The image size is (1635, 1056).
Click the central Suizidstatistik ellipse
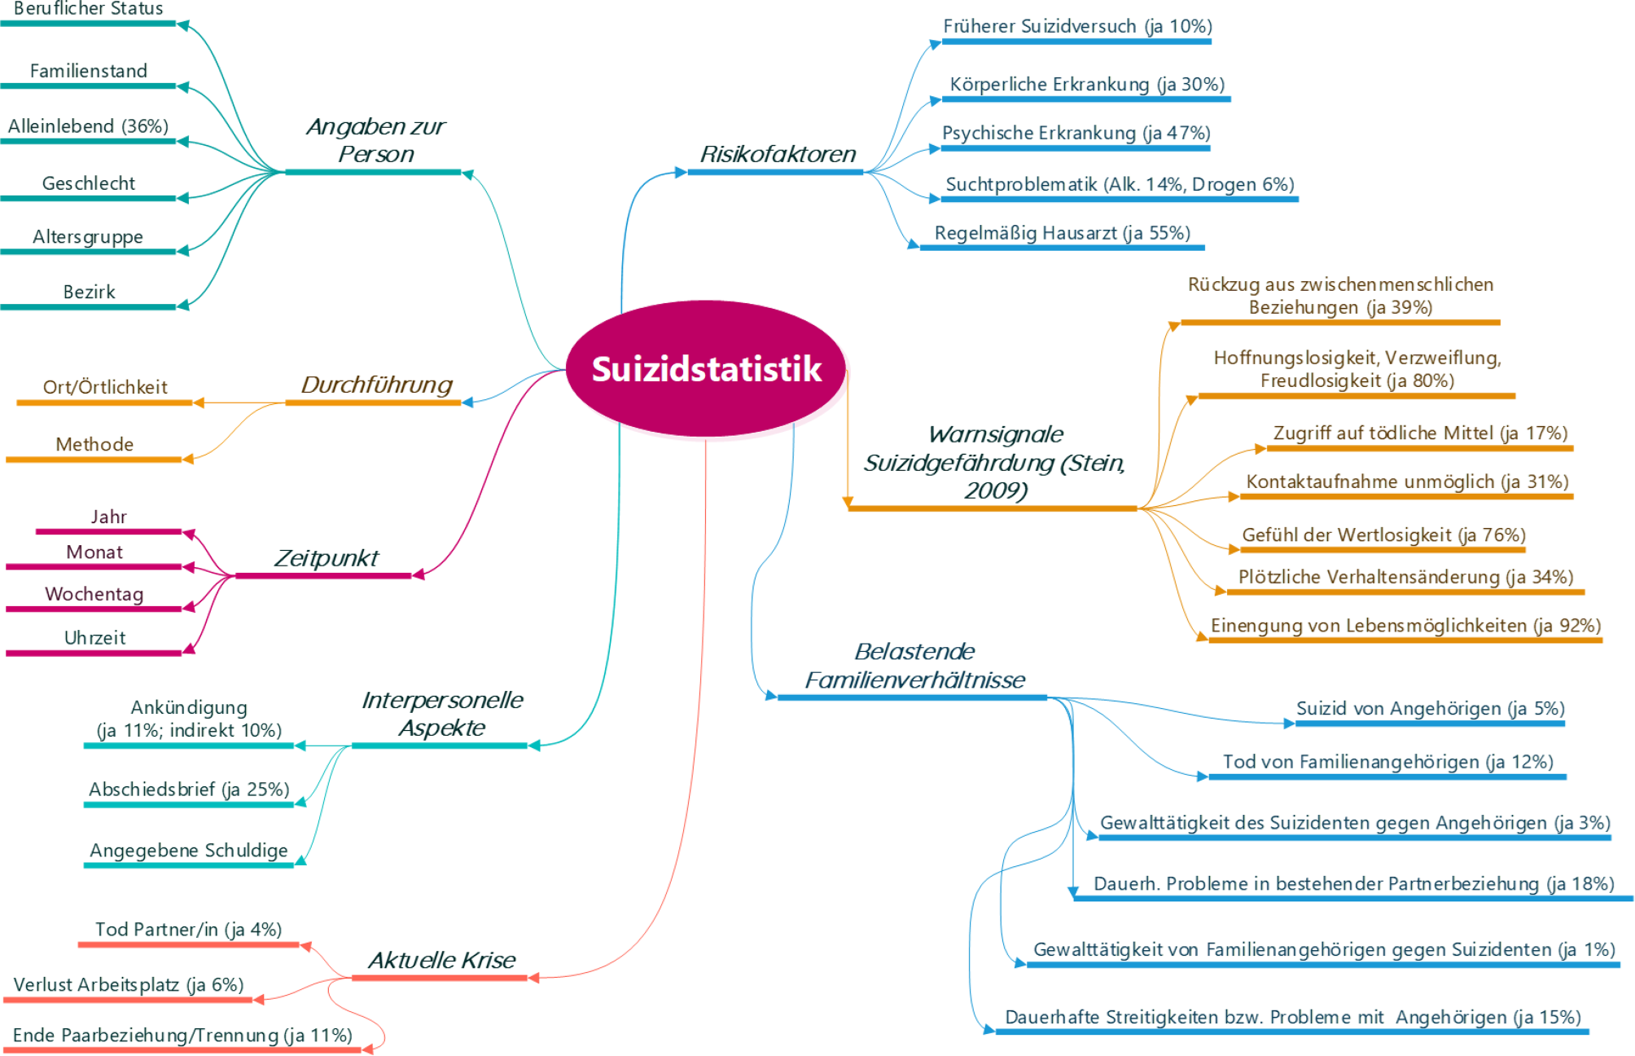(x=705, y=368)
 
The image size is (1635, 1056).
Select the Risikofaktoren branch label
(x=778, y=154)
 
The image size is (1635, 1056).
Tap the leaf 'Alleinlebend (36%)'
(x=88, y=126)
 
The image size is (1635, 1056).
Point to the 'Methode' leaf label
(x=94, y=444)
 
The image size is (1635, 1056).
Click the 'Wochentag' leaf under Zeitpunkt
(x=94, y=594)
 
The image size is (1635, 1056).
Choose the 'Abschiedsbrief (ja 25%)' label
(x=189, y=790)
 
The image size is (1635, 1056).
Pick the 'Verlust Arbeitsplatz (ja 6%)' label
(x=129, y=984)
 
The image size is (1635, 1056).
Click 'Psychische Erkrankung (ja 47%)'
(x=1076, y=133)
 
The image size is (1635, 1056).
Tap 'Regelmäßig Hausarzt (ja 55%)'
(x=1062, y=233)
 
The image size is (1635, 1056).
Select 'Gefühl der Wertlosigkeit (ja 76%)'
(x=1383, y=535)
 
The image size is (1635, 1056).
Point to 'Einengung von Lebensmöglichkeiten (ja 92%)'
(x=1405, y=625)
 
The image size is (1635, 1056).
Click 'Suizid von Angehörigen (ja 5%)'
(x=1430, y=708)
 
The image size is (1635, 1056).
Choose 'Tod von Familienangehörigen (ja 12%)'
(x=1387, y=762)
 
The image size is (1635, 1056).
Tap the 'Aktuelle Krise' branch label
(x=441, y=960)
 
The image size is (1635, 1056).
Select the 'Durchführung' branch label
(x=376, y=385)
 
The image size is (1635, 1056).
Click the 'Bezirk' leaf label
(x=89, y=292)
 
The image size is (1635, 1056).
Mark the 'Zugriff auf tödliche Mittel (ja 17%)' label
(x=1420, y=433)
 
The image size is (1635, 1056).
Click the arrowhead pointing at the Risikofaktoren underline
(x=681, y=172)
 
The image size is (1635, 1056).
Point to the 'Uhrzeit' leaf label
(x=94, y=637)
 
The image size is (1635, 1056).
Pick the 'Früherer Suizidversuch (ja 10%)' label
(x=1077, y=26)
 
